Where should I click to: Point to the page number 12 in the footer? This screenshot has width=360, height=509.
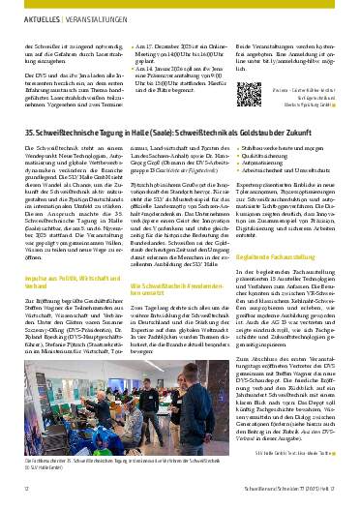point(25,492)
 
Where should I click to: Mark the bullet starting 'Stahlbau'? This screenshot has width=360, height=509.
point(291,169)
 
